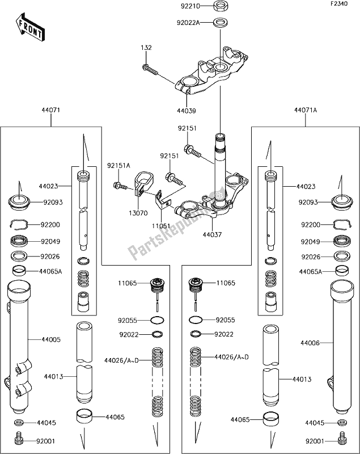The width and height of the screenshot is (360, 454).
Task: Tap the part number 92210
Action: [x=190, y=6]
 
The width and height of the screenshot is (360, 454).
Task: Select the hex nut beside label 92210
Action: [x=221, y=6]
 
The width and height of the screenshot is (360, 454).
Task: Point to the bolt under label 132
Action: [x=150, y=69]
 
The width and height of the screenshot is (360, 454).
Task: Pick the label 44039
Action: [x=187, y=111]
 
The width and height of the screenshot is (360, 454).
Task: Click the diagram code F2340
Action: [x=340, y=4]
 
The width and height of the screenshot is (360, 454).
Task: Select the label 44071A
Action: [x=306, y=110]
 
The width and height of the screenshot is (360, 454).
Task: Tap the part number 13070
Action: [x=138, y=213]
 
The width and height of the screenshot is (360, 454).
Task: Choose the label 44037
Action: [x=212, y=234]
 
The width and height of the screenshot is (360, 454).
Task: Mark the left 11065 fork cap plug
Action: [x=156, y=285]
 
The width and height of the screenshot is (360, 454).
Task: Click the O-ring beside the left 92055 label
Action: [x=157, y=320]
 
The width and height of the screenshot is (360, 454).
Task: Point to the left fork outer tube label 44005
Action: [x=51, y=339]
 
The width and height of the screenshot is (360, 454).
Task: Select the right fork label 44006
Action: [x=310, y=343]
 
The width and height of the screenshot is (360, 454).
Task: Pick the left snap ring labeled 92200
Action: [x=19, y=224]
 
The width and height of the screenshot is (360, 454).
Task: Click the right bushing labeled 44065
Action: [x=271, y=419]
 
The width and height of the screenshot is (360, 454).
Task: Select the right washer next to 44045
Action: [x=342, y=422]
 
